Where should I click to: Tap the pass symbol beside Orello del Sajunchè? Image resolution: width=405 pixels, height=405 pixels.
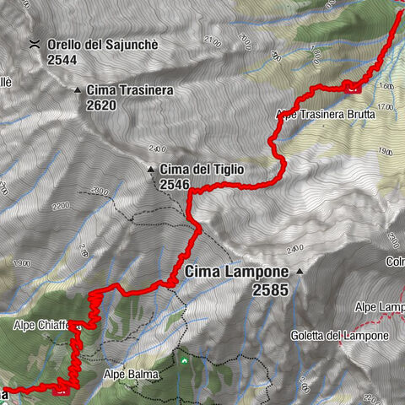[35, 44]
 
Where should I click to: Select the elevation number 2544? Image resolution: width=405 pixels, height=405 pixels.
[64, 60]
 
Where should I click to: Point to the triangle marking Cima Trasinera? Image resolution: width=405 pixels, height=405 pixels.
[78, 89]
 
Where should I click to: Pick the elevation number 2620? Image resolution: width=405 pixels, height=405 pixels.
[101, 105]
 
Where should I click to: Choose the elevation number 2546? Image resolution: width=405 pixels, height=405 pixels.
[175, 184]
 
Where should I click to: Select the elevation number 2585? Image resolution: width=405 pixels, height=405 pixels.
[270, 289]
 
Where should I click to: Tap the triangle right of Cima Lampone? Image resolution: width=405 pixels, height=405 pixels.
[299, 273]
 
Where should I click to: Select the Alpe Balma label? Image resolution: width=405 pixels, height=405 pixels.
[127, 372]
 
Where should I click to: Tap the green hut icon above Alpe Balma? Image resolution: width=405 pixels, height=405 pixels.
[183, 360]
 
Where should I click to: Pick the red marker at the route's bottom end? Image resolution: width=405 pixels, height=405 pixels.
[61, 390]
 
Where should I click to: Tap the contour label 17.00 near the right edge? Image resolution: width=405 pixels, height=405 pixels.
[386, 106]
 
